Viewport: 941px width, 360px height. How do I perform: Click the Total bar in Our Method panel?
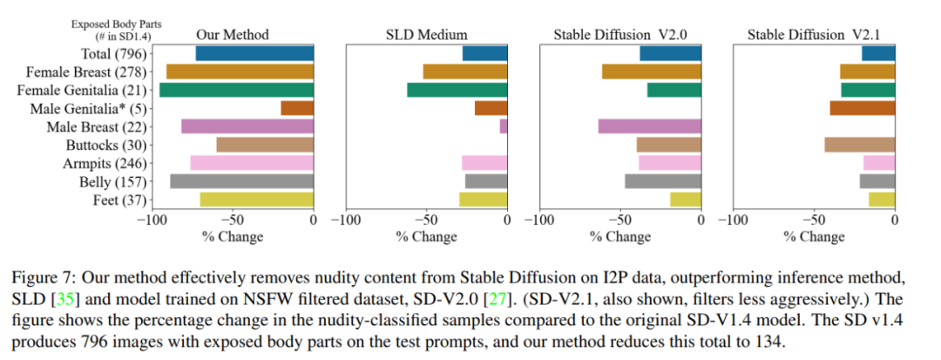click(x=254, y=54)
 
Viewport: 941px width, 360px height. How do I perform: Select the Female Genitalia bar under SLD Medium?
click(x=457, y=90)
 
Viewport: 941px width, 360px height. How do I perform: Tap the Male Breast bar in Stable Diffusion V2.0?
click(x=649, y=126)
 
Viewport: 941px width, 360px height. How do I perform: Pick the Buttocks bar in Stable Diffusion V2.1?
click(x=859, y=145)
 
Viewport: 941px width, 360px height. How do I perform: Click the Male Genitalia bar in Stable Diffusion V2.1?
click(x=862, y=108)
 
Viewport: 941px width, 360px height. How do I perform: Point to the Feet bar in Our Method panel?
click(x=257, y=200)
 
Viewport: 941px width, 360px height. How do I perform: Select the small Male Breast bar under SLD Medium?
click(x=504, y=126)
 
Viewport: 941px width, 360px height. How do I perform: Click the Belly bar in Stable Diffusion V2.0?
click(x=663, y=181)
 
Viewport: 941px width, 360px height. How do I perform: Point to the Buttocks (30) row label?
click(x=107, y=145)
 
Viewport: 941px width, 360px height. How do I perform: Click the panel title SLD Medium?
click(x=427, y=35)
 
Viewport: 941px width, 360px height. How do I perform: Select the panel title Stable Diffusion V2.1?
click(x=813, y=35)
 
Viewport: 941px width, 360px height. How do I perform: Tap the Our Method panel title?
click(x=232, y=35)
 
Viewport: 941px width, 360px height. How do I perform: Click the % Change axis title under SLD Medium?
click(x=427, y=236)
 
